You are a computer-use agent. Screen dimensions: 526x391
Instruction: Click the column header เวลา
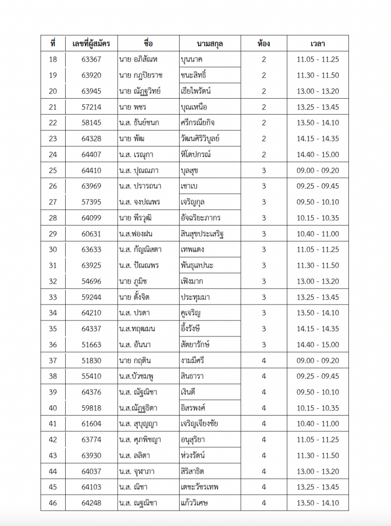coord(318,43)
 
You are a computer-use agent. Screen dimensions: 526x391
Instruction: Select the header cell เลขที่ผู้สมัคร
coord(91,43)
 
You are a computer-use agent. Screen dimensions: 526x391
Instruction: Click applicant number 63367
coord(91,60)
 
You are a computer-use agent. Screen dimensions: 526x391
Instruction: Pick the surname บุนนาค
coord(192,60)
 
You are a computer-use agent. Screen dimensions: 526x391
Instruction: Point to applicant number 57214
coord(91,107)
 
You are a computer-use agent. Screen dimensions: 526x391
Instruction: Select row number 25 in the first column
coord(53,171)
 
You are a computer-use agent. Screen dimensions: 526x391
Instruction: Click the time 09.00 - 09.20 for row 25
coord(318,171)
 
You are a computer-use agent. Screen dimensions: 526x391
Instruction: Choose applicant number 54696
coord(91,281)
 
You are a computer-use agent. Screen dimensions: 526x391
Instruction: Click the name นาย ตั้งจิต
coord(134,297)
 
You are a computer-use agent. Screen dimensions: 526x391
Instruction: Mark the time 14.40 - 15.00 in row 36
coord(318,345)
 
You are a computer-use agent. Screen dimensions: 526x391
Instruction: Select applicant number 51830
coord(91,361)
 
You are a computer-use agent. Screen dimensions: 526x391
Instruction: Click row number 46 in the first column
coord(53,503)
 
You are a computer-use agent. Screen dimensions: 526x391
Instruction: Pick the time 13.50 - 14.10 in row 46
coord(318,503)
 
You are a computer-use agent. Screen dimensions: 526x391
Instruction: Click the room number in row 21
coord(264,107)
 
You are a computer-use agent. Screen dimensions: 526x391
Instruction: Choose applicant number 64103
coord(91,487)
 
